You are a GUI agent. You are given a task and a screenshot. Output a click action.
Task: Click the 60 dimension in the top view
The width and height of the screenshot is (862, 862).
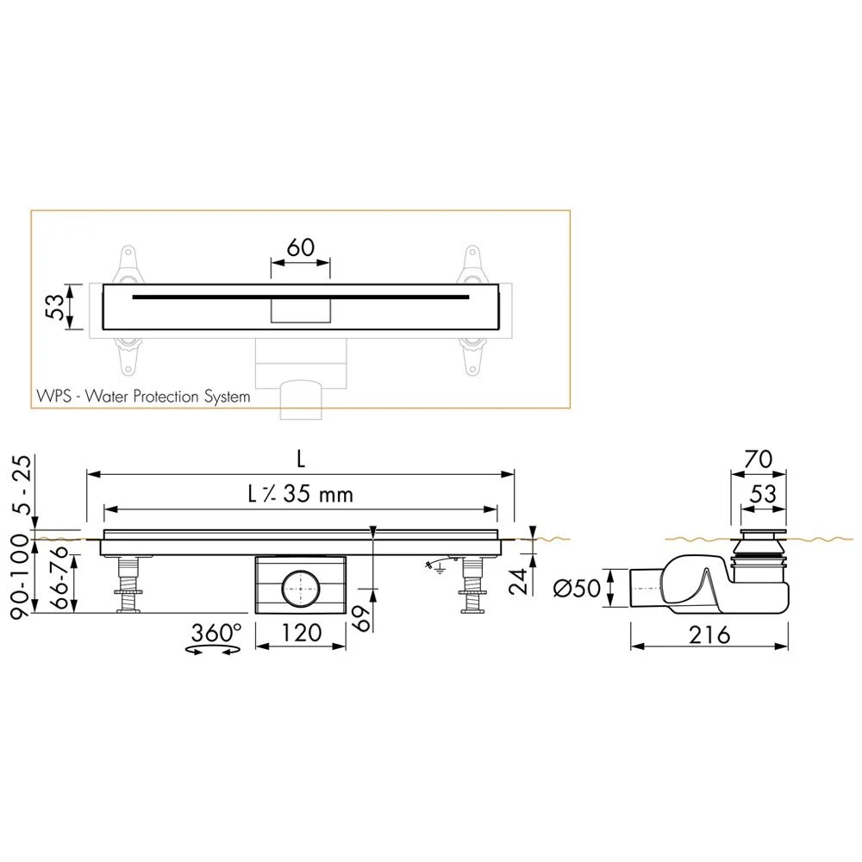(301, 247)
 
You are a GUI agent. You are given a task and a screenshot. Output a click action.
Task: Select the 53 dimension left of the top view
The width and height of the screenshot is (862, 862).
(55, 307)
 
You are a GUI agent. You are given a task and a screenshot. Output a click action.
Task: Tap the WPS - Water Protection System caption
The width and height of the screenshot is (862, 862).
(143, 397)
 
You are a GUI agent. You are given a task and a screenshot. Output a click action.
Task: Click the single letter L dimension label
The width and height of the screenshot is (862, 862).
(301, 459)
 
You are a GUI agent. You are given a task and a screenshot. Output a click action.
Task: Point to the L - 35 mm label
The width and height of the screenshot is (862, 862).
(300, 494)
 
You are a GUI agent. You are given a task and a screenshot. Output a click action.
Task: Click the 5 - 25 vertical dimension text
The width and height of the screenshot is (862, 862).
(23, 484)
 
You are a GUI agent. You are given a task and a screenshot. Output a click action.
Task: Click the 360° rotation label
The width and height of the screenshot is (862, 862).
(216, 633)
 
